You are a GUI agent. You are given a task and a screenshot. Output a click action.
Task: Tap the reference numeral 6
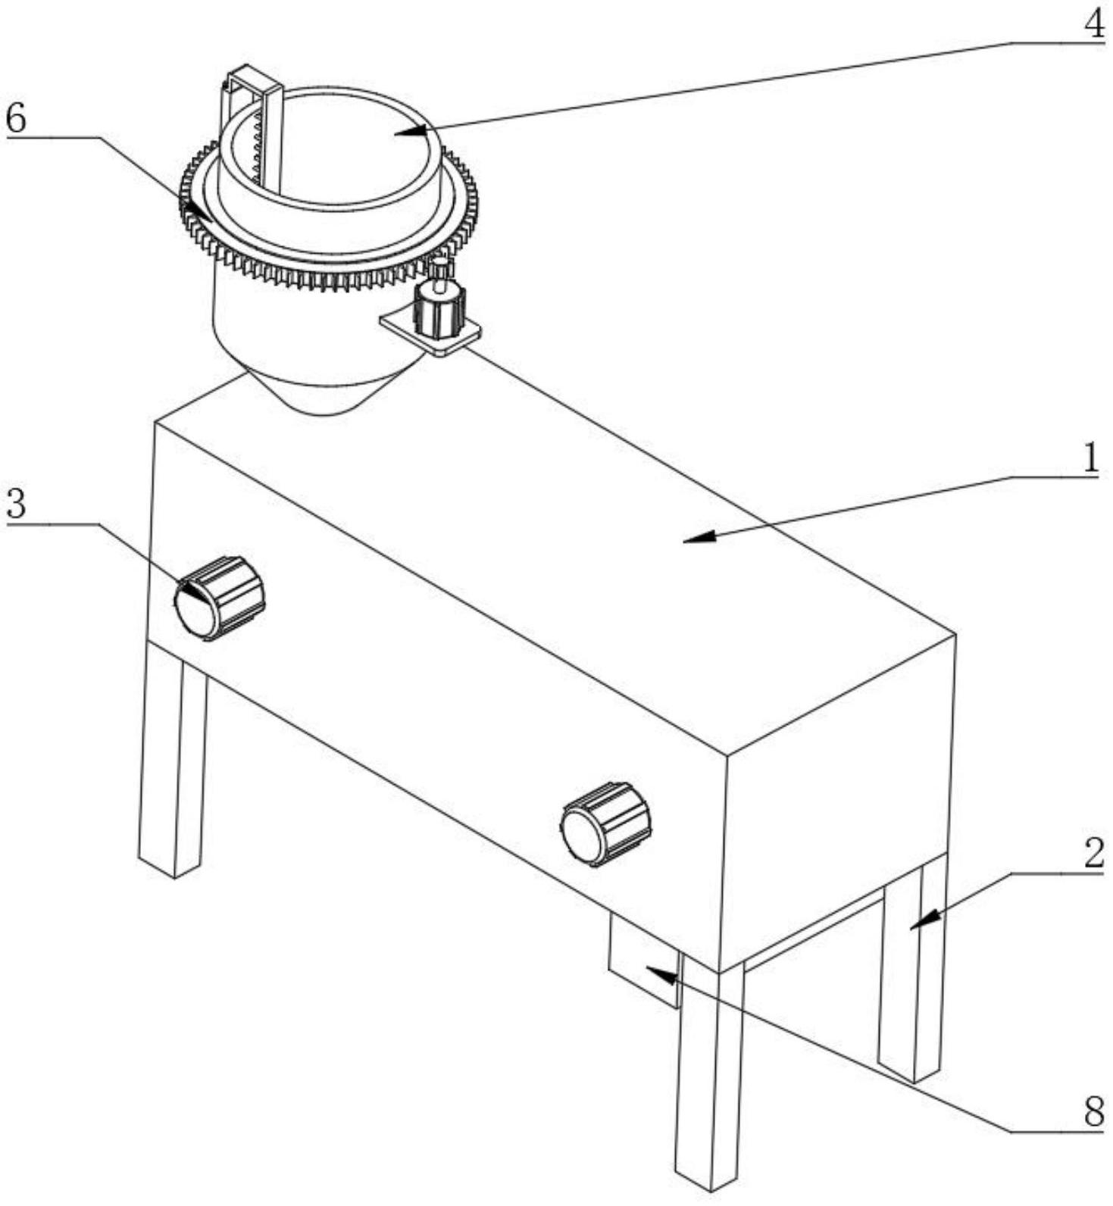coord(16,118)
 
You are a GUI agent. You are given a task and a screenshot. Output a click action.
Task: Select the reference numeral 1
coord(1090,458)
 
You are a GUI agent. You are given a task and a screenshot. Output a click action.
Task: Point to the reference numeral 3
coord(16,504)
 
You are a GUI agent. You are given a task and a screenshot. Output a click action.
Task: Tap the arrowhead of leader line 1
coord(686,539)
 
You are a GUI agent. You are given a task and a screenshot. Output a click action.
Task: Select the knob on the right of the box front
coord(605,823)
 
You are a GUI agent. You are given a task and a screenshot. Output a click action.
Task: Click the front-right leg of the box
coord(709,1076)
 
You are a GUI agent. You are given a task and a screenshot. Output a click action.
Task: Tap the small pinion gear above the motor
coord(439,267)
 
